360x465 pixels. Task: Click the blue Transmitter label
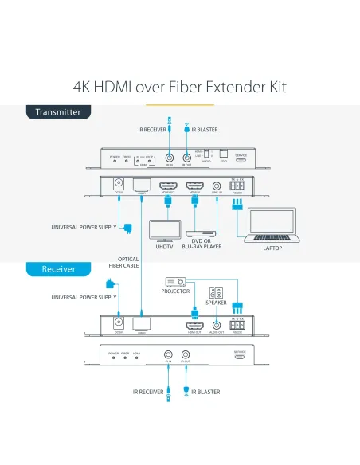pos(57,112)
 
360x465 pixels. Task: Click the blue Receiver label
pos(58,269)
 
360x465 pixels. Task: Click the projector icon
pos(175,282)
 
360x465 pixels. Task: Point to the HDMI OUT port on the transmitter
pos(167,186)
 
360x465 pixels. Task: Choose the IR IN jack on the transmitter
pos(170,157)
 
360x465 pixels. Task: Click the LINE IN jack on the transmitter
pos(217,186)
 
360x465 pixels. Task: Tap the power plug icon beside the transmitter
pos(128,229)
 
